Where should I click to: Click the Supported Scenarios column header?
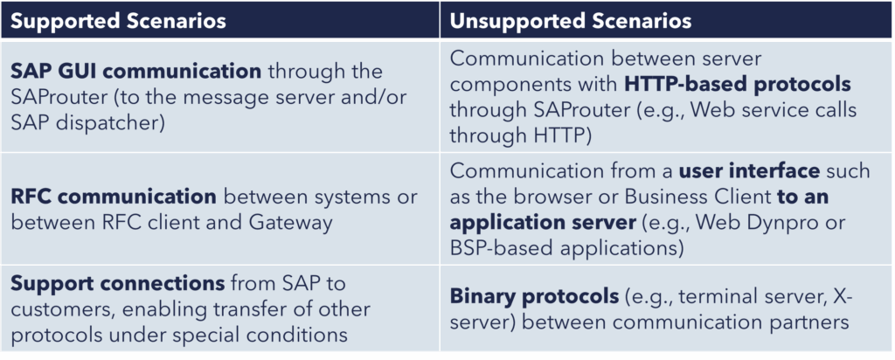point(119,21)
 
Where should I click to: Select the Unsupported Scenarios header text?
point(571,21)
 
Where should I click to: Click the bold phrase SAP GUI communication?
point(135,72)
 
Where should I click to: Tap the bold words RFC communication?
point(114,197)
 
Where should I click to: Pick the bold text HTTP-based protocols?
point(738,85)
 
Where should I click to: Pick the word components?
point(516,85)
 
